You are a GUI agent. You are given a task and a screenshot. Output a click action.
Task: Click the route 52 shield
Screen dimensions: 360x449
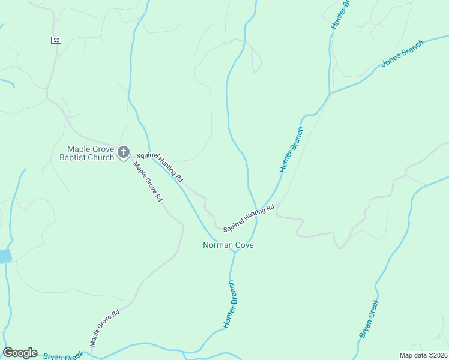click(55, 40)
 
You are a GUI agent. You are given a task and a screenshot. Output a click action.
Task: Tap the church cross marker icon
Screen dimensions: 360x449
click(123, 152)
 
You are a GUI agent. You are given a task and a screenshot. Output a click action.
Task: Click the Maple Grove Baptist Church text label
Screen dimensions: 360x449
click(90, 154)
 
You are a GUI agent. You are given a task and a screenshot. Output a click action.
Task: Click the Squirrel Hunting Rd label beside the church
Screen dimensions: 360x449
click(159, 167)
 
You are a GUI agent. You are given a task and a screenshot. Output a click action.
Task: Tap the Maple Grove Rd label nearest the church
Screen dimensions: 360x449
click(148, 182)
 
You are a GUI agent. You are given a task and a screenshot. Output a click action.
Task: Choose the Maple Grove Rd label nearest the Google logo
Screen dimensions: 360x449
click(105, 328)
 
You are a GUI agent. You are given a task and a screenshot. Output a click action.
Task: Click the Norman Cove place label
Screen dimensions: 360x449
click(228, 245)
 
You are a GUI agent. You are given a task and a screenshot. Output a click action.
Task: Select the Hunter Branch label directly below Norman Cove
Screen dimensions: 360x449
click(231, 304)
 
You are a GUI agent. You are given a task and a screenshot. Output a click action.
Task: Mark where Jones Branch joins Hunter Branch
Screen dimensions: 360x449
click(330, 94)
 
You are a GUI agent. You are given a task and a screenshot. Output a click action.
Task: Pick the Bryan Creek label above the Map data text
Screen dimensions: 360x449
click(369, 319)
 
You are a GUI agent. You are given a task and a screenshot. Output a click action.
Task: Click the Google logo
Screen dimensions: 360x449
click(20, 353)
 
